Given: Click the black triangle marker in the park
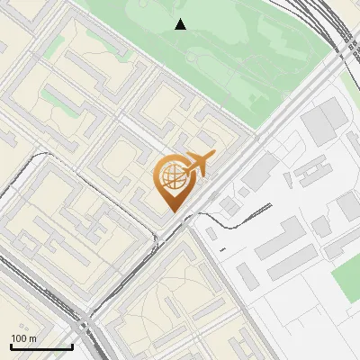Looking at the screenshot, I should pos(181,24).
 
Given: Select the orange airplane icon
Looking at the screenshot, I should pos(198,166).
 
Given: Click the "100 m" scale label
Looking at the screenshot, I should pos(23,338).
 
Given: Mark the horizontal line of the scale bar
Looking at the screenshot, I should pos(41,347).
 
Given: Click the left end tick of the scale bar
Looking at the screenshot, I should pos(11,346).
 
